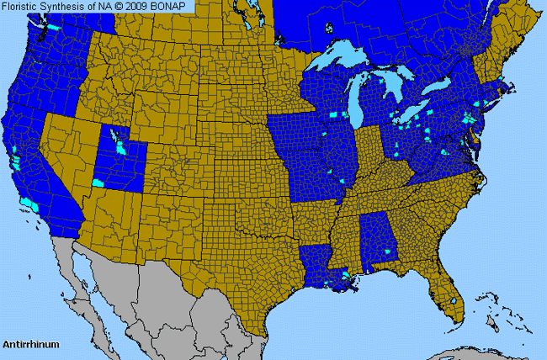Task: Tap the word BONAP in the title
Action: (x=175, y=6)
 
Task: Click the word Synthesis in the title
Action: (x=66, y=6)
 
